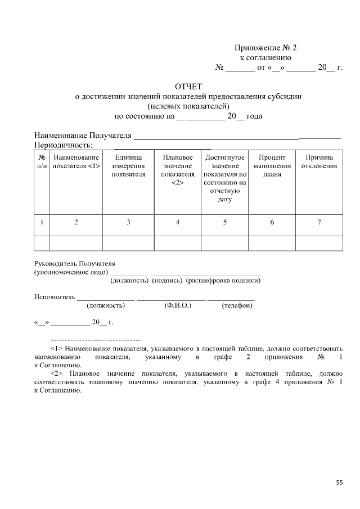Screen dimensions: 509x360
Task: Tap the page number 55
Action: (339, 483)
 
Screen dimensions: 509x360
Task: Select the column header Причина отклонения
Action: (319, 161)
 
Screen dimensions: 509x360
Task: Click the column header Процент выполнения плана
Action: (272, 166)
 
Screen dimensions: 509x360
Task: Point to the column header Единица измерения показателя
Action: (128, 166)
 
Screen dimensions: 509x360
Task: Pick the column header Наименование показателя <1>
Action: (76, 161)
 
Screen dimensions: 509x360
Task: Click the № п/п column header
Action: (42, 161)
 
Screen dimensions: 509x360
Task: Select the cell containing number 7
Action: (319, 222)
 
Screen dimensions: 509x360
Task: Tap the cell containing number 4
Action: (178, 222)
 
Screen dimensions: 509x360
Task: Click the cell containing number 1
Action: (42, 222)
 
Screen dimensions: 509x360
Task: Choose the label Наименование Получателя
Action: (83, 136)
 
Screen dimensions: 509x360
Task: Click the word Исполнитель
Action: (55, 296)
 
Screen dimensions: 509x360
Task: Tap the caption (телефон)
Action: (237, 305)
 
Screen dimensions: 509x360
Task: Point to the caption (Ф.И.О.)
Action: (178, 305)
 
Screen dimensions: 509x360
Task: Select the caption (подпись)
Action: (166, 280)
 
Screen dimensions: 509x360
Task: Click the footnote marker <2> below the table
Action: (56, 373)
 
